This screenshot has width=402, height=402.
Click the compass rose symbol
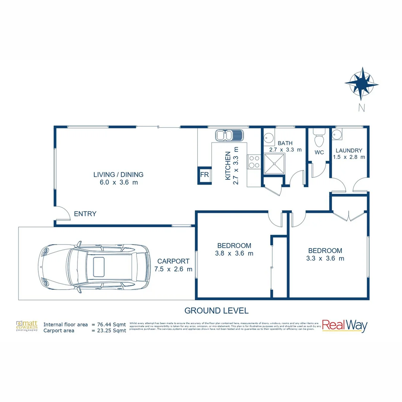(361, 84)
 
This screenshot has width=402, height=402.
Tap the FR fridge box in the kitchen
(204, 175)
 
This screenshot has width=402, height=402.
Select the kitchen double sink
(229, 135)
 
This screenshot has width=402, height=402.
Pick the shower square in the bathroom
(274, 164)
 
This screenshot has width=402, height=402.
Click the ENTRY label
(85, 214)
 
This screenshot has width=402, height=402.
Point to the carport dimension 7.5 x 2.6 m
(173, 269)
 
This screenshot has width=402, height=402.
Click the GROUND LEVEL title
(216, 310)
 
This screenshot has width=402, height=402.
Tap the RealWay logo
(344, 326)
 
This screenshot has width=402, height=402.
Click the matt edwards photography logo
(27, 326)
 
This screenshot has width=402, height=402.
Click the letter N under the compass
(361, 108)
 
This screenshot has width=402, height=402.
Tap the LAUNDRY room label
(349, 151)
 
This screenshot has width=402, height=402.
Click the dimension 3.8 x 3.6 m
(234, 253)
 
